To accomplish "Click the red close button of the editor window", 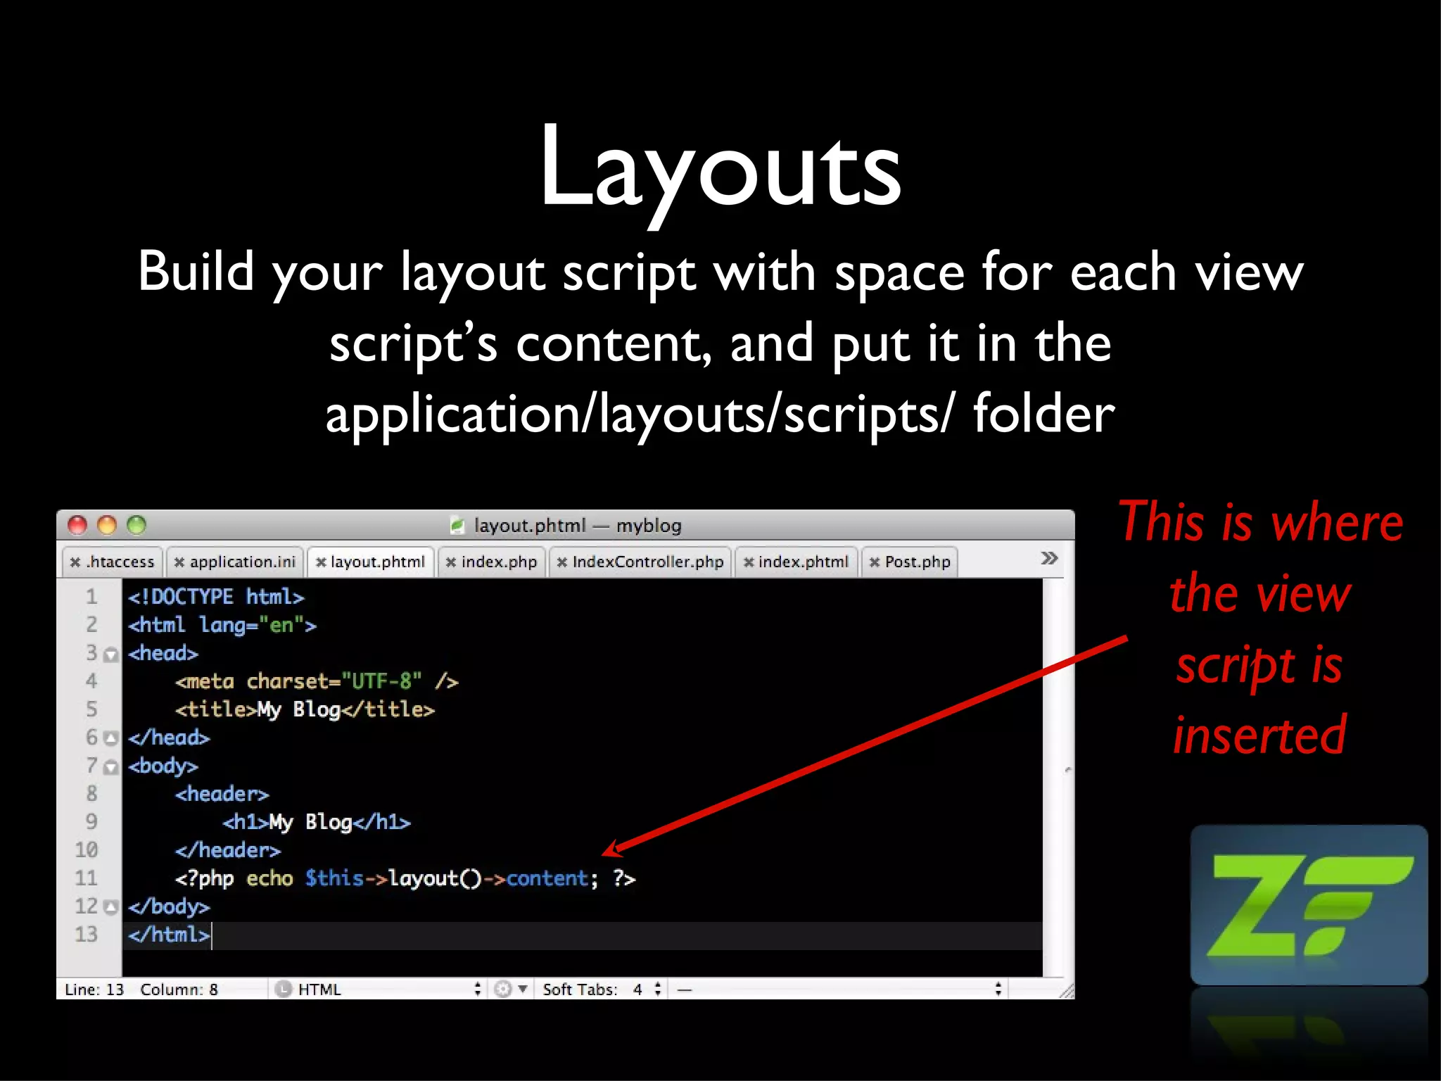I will (77, 525).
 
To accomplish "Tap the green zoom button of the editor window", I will (137, 525).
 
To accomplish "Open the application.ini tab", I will (236, 562).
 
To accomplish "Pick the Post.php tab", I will (910, 562).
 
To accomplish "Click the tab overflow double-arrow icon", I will (1049, 559).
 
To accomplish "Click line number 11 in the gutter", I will (87, 878).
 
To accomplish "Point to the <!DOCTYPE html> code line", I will (216, 598).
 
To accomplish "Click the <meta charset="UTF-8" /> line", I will (317, 681).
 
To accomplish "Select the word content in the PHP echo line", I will (547, 878).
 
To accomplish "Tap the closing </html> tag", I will (169, 935).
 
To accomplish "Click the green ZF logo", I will (1309, 906).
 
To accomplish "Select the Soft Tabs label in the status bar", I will (580, 990).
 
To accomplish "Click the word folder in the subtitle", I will (1044, 414).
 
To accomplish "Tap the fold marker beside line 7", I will (110, 767).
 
